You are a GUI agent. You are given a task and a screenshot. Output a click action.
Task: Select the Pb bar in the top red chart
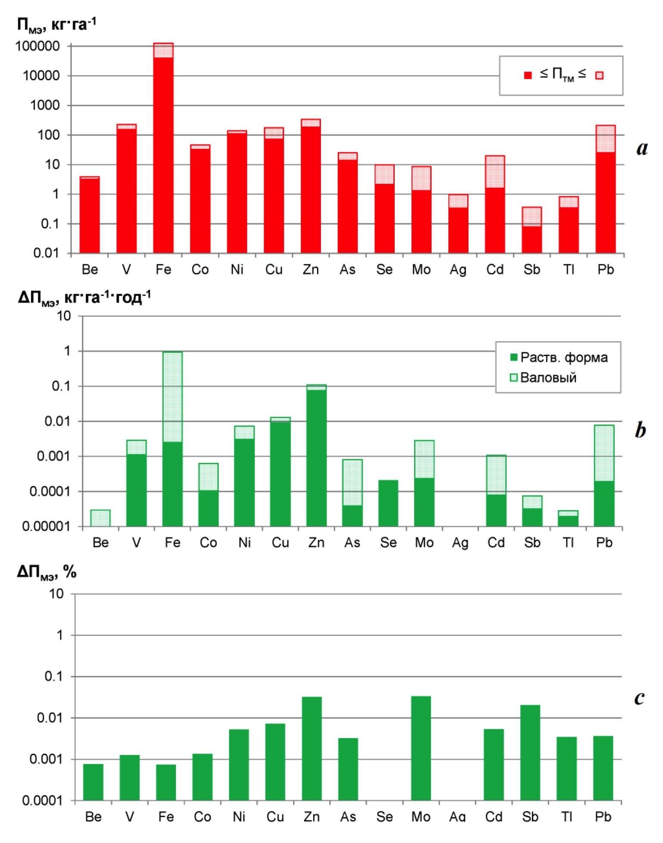(605, 190)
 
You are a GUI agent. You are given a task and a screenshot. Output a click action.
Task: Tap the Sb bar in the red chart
(531, 231)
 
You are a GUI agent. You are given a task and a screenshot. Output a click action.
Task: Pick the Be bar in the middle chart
(101, 518)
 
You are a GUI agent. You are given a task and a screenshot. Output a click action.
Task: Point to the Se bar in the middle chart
(388, 503)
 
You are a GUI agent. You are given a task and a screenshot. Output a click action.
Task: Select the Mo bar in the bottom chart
(421, 748)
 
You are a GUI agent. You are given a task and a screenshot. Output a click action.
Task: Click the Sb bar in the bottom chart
(530, 752)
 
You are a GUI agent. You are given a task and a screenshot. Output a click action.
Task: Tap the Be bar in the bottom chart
(93, 782)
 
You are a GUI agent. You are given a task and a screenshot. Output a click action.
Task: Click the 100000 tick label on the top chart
(38, 46)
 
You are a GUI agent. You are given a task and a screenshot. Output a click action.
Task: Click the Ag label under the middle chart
(460, 543)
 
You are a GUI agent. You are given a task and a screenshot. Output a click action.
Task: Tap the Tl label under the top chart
(569, 270)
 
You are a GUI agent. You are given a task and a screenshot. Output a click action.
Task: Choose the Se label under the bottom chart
(384, 817)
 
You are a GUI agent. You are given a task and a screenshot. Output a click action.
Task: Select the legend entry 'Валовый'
(548, 377)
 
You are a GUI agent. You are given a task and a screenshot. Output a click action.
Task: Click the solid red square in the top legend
(528, 75)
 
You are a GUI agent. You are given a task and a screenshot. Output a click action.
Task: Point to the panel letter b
(640, 430)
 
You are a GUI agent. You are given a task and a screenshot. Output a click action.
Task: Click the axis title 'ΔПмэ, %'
(47, 572)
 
